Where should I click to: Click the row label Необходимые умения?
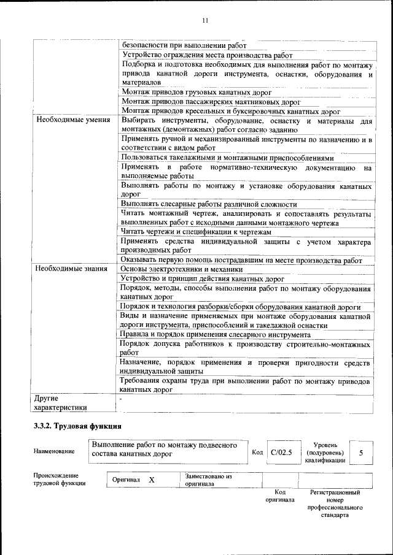(x=73, y=120)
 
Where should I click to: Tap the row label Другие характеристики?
(x=60, y=402)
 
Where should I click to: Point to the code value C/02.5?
(x=282, y=453)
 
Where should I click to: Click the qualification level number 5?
(x=361, y=453)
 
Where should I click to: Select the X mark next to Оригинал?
(x=151, y=480)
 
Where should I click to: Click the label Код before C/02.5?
(x=257, y=453)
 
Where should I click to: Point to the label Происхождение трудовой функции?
(x=60, y=479)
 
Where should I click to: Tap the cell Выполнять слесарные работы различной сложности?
(x=209, y=204)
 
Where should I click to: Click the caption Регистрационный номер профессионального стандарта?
(x=335, y=503)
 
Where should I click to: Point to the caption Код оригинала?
(x=280, y=496)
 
